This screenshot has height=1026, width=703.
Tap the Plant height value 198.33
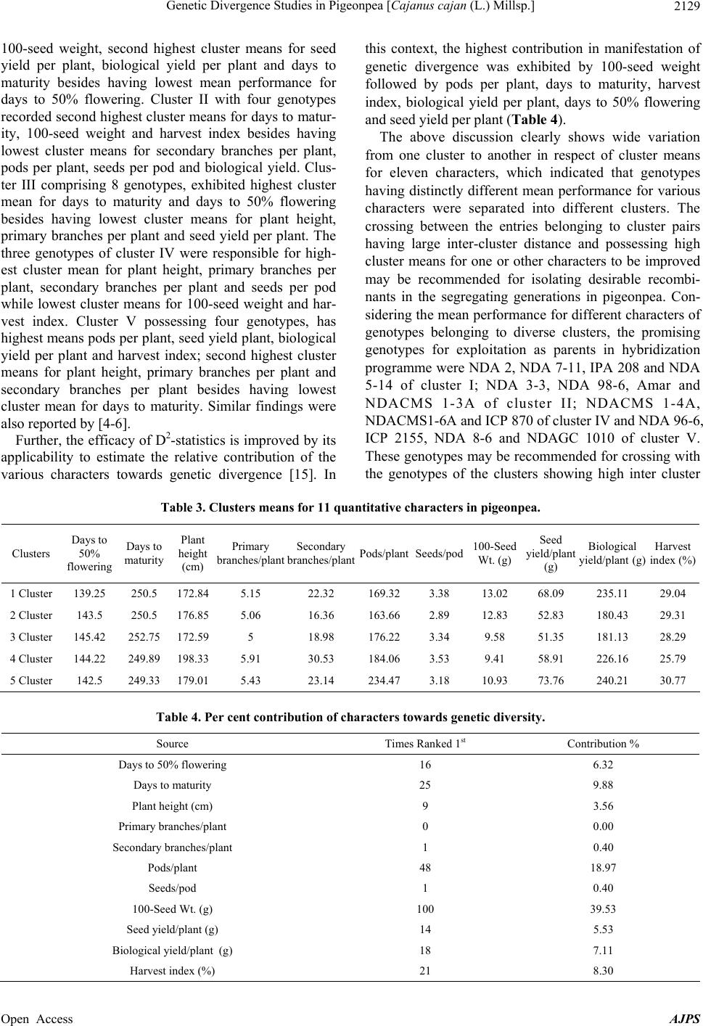(x=192, y=659)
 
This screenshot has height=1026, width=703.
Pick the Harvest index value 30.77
(x=675, y=681)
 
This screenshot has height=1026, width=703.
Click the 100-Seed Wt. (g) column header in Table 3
(x=494, y=553)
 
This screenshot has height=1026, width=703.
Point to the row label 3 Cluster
(x=31, y=637)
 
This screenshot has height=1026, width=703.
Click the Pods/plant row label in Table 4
(x=173, y=867)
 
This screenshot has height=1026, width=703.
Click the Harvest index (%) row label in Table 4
(x=173, y=970)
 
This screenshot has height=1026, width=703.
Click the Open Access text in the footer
(x=37, y=1019)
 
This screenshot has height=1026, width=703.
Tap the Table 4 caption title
(x=351, y=718)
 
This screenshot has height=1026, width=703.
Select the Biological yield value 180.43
(x=613, y=615)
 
